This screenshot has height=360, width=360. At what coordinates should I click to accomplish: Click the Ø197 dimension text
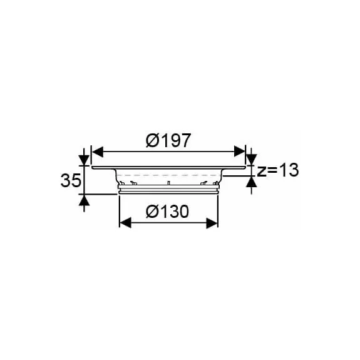coord(168,141)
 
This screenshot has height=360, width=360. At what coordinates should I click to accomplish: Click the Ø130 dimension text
coord(167,212)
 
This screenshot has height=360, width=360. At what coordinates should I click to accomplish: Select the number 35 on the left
coord(71,182)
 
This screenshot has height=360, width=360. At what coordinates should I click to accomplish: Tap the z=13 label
coord(277,170)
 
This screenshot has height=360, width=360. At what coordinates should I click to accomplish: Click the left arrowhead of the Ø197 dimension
coord(96,152)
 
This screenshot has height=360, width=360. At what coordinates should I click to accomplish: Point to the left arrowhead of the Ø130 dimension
coord(124,222)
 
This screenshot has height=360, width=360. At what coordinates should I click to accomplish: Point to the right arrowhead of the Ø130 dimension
coord(213,222)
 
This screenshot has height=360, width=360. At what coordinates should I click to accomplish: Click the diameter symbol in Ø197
coord(153,141)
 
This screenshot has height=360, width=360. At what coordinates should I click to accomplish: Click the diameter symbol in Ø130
coord(152,212)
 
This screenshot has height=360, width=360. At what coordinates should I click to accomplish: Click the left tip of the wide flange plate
coord(93,168)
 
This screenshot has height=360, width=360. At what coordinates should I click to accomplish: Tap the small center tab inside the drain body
coord(168,183)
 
